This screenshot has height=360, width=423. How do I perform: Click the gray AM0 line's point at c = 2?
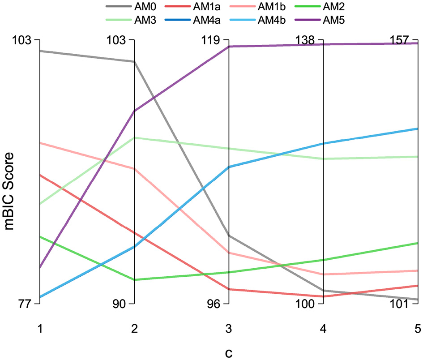(x=134, y=62)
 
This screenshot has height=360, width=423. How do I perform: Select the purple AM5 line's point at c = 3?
(x=229, y=47)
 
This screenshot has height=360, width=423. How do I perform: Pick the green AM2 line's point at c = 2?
(x=134, y=280)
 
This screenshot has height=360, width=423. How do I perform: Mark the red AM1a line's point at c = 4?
(x=323, y=296)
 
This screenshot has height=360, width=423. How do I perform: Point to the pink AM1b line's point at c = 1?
(x=40, y=143)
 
